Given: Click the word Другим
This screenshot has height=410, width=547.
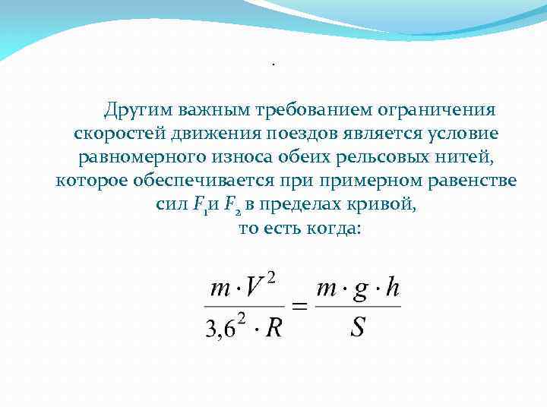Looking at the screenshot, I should tap(138, 110).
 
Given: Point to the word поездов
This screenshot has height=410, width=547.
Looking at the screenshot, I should tap(299, 134).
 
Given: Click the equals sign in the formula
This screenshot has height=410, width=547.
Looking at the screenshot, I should tap(300, 307).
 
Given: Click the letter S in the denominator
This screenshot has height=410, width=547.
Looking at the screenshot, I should tap(358, 327).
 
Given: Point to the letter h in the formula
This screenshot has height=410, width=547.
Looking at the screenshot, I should tap(392, 289).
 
